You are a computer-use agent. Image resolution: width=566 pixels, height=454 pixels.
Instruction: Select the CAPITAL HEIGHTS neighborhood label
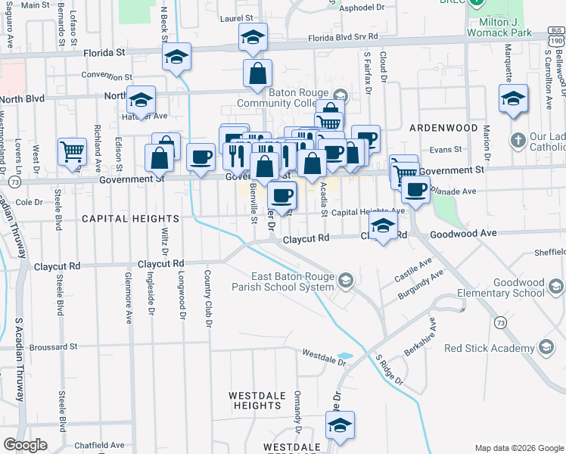130,219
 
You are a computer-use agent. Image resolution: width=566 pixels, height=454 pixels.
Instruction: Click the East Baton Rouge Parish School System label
292,281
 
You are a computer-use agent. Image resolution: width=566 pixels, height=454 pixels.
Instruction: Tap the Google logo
25,445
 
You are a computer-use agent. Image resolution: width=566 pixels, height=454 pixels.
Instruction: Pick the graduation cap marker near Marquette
513,98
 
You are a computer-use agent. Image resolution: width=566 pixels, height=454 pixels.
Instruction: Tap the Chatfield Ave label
99,445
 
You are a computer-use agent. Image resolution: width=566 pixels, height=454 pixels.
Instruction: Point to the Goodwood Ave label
463,233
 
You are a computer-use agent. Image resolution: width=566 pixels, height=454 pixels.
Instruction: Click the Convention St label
107,76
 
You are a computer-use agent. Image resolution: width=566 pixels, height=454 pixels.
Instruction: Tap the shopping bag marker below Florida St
257,73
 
